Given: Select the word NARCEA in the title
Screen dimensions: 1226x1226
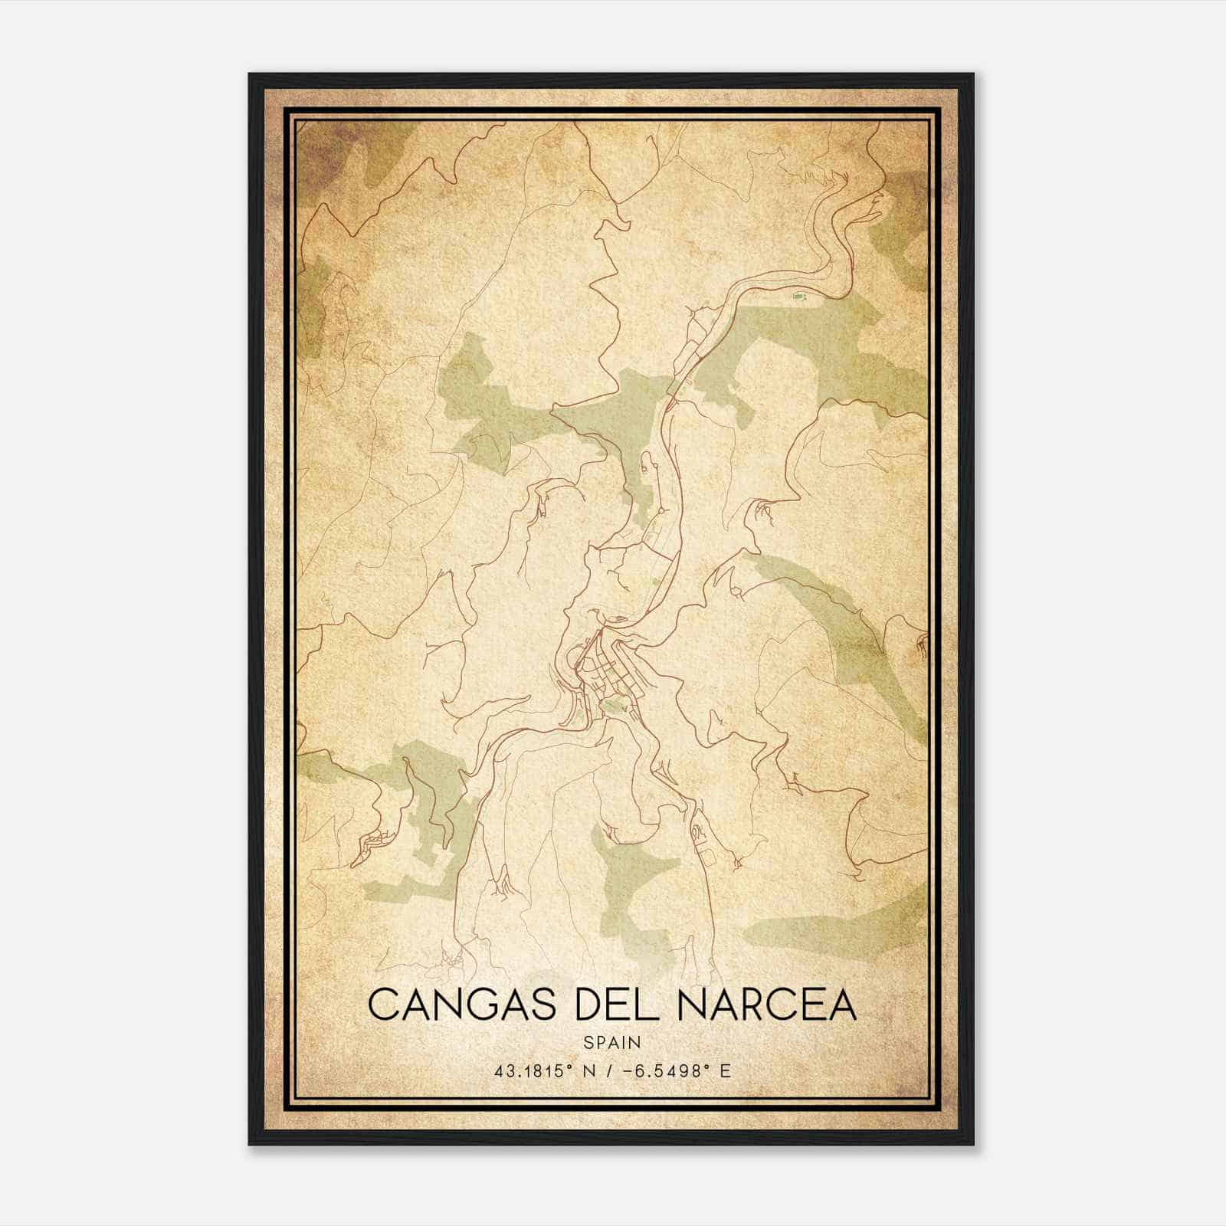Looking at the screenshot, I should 766,1005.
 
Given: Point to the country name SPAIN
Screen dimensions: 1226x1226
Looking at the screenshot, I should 612,1043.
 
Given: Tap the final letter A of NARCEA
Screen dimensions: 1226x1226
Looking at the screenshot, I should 842,1005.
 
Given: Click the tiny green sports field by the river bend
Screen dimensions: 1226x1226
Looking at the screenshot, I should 798,295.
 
